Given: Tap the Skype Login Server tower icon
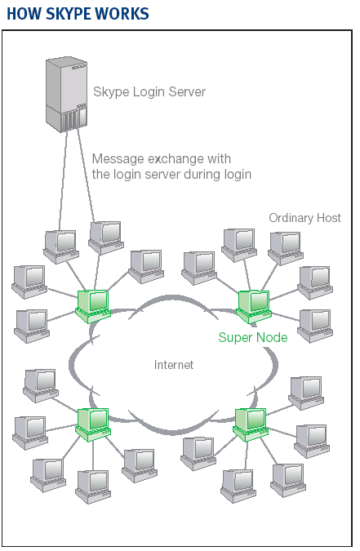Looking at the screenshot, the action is click(66, 95).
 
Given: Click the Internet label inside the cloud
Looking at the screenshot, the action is click(174, 365).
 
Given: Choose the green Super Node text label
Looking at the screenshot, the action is click(253, 337).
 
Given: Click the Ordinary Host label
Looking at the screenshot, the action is click(304, 218).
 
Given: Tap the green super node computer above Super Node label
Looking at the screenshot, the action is click(254, 306).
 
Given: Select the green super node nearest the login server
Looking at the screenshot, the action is click(93, 306).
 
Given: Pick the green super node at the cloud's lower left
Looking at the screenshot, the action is click(93, 424).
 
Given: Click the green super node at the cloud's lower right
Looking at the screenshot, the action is click(251, 424).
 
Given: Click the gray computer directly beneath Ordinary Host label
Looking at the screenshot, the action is click(286, 248).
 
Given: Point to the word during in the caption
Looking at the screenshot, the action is click(202, 175).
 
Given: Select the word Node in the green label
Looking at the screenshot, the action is click(272, 337).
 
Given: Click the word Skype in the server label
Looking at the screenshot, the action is click(111, 92).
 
